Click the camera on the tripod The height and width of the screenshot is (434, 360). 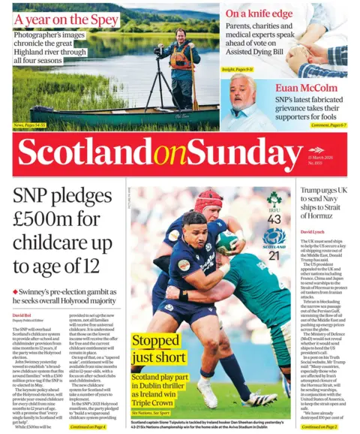pos(158,51)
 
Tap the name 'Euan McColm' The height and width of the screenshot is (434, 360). pos(315,88)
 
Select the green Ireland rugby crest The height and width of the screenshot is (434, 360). pos(274,200)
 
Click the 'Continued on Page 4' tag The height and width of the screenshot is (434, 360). pos(88,426)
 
